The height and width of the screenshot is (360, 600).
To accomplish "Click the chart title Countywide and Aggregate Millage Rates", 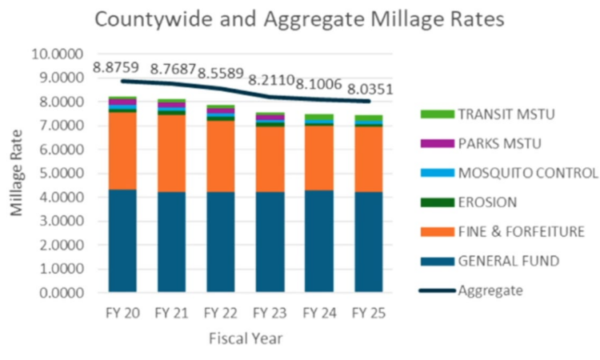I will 300,19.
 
